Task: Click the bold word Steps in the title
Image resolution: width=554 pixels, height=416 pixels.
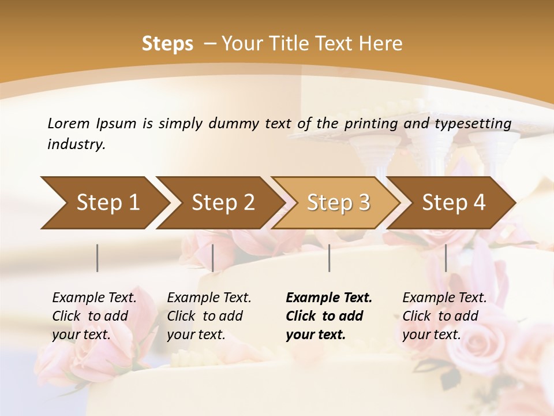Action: click(x=167, y=44)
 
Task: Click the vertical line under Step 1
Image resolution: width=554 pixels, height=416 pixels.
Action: click(x=98, y=258)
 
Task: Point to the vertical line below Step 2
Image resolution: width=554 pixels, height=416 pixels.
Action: click(x=213, y=258)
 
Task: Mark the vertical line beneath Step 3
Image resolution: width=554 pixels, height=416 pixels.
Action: click(x=330, y=258)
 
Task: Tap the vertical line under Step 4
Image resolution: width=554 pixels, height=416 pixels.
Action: click(x=446, y=258)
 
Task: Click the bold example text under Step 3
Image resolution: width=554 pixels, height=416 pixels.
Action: click(x=329, y=316)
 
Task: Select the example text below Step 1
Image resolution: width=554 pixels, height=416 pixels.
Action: click(x=94, y=316)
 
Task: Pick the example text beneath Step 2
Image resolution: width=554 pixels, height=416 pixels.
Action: click(x=209, y=316)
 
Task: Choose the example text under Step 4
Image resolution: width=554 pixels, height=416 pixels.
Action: click(x=444, y=316)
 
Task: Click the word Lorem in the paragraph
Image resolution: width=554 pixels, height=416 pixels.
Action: click(x=69, y=123)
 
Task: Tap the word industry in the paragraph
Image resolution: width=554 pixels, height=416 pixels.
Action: click(x=76, y=144)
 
